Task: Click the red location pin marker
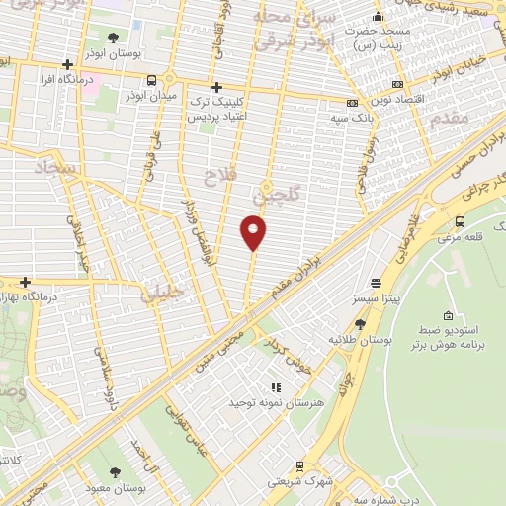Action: click(254, 232)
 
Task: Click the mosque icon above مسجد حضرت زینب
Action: click(377, 17)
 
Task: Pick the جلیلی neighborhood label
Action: click(161, 293)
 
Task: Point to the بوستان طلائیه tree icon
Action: click(359, 323)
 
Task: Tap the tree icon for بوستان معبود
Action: click(118, 472)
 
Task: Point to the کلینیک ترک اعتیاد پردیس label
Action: click(215, 111)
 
